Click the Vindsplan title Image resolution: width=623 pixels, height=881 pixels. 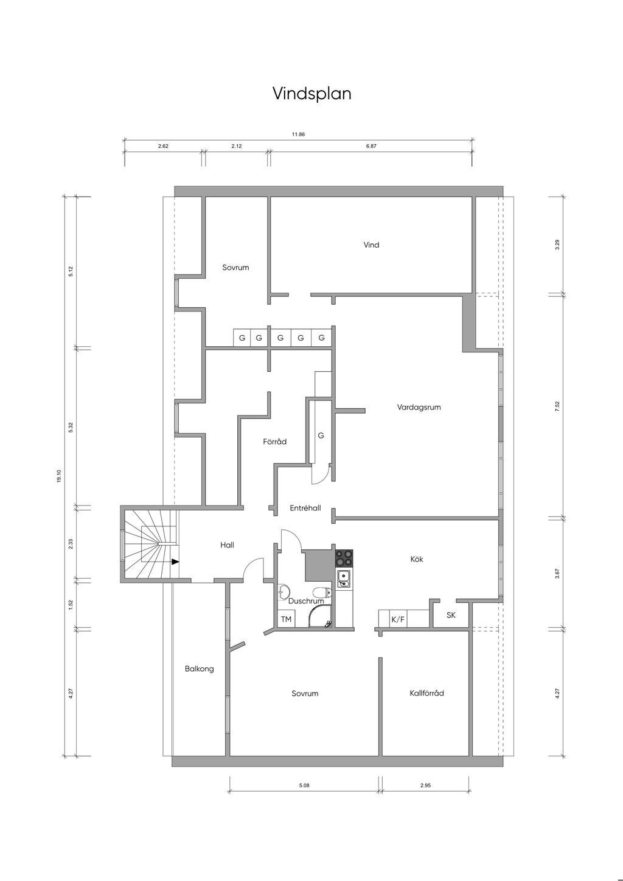(x=311, y=94)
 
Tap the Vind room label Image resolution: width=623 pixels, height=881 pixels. (x=371, y=245)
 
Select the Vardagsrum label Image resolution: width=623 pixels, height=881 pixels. (x=419, y=407)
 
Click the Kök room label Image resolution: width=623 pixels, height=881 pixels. (x=417, y=559)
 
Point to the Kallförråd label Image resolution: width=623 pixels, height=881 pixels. (x=426, y=692)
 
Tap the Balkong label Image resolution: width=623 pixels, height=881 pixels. (x=200, y=669)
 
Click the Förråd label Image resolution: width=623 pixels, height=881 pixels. (x=274, y=441)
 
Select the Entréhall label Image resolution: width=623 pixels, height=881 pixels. (x=305, y=508)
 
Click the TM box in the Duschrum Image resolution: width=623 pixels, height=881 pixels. (x=286, y=619)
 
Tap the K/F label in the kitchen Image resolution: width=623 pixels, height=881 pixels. (x=397, y=619)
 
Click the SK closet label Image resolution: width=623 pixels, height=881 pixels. (x=451, y=615)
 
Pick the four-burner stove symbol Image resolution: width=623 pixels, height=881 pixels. (x=344, y=558)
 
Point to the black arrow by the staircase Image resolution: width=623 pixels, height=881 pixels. (x=175, y=562)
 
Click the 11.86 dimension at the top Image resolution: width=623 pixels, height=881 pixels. (x=298, y=134)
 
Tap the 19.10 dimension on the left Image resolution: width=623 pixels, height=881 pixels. (x=59, y=476)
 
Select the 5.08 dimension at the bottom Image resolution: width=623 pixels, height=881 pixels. (x=304, y=785)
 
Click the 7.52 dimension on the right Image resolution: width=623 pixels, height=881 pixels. (x=557, y=406)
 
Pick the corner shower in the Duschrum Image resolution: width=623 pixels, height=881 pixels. (x=319, y=618)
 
